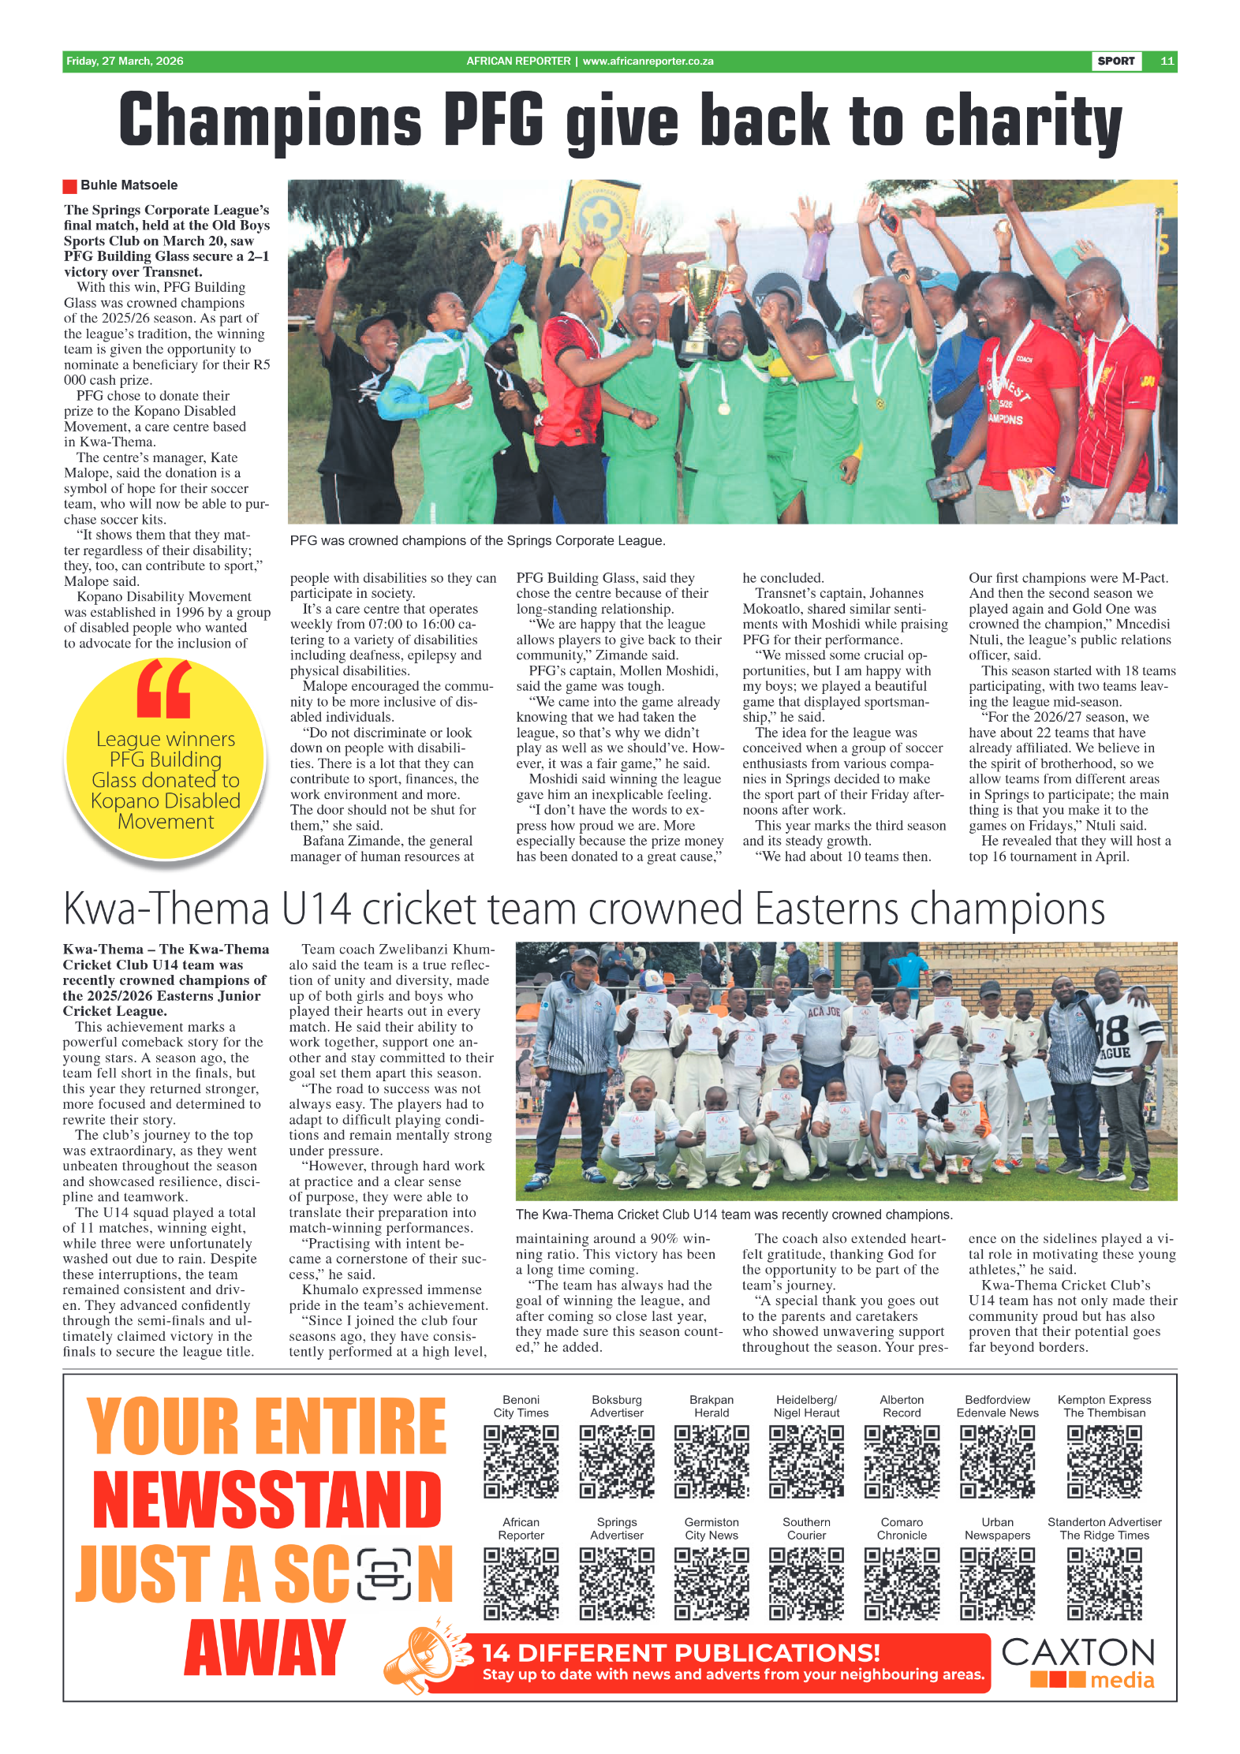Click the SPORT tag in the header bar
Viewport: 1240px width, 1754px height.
[x=1115, y=61]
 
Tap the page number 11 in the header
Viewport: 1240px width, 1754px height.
[x=1167, y=61]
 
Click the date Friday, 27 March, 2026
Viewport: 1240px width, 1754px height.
[x=125, y=61]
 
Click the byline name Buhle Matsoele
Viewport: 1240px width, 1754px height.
[x=129, y=185]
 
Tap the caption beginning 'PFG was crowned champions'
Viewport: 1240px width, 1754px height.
[x=477, y=541]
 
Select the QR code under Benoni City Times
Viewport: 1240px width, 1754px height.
[x=521, y=1461]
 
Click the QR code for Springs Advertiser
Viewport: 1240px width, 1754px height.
[x=616, y=1583]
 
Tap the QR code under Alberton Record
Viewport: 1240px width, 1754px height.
[x=902, y=1461]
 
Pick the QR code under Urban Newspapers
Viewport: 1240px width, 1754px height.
[x=997, y=1583]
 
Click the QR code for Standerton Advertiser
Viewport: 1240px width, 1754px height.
[x=1104, y=1583]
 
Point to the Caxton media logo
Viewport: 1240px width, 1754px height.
[x=1078, y=1663]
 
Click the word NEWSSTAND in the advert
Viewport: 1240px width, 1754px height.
[x=267, y=1501]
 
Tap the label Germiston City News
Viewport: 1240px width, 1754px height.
[x=712, y=1528]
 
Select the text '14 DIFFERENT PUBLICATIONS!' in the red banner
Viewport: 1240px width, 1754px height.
[x=681, y=1652]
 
